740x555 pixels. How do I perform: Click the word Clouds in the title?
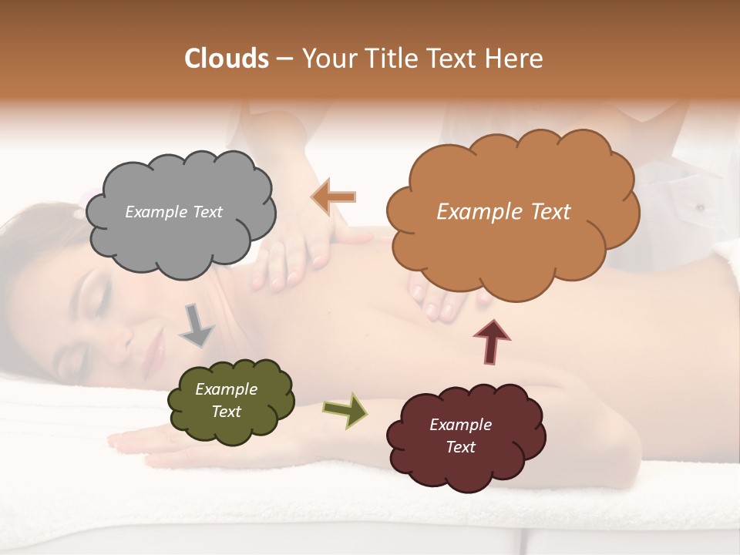[227, 59]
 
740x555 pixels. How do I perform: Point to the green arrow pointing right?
[345, 409]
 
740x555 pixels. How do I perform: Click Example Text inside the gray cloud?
[173, 212]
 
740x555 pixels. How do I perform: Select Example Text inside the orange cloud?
[503, 212]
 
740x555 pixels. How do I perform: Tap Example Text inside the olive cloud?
[226, 400]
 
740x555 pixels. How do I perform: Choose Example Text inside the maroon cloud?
[460, 436]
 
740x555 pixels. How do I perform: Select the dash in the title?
[284, 59]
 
